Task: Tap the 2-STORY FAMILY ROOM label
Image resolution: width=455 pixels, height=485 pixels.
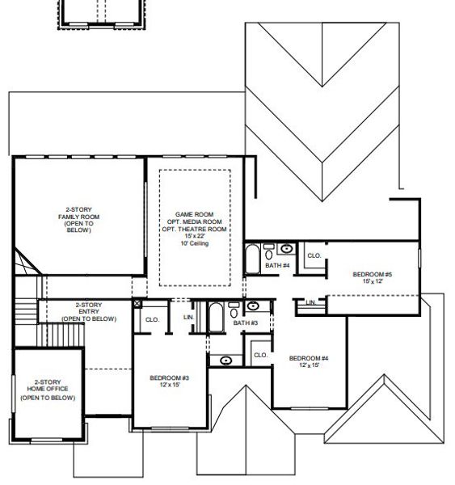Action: (x=78, y=219)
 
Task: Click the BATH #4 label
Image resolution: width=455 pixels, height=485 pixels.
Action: (x=276, y=265)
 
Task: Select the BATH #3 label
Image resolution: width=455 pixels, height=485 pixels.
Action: (x=245, y=323)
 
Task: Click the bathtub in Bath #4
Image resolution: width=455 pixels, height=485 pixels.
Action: (x=253, y=261)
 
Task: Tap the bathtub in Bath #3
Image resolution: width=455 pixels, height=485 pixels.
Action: (x=217, y=318)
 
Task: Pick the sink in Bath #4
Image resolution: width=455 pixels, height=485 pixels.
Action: (x=287, y=249)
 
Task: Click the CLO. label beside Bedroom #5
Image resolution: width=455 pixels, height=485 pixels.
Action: (x=314, y=255)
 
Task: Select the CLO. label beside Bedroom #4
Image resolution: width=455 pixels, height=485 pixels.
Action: (x=260, y=355)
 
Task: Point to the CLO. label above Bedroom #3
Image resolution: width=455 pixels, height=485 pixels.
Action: (x=151, y=319)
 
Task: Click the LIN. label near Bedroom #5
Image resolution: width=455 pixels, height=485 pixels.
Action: (x=310, y=302)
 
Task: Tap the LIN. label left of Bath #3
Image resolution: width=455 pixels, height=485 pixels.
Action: (x=189, y=317)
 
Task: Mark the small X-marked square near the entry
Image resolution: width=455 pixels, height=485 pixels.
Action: (x=137, y=305)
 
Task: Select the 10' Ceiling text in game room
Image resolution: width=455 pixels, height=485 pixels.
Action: (x=195, y=243)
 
